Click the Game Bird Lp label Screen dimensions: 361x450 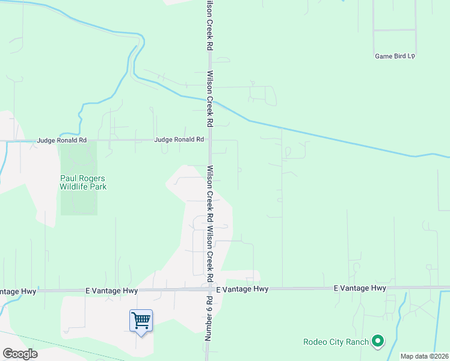click(x=395, y=56)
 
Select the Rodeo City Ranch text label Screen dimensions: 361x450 click(x=336, y=342)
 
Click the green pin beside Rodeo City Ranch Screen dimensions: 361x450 click(x=378, y=342)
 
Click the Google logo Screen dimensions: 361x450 click(x=20, y=354)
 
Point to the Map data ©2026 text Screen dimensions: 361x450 click(x=424, y=356)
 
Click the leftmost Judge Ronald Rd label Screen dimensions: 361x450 click(x=61, y=140)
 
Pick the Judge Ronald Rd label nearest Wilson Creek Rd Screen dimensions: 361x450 click(x=179, y=140)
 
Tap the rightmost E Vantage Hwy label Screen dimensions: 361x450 click(x=360, y=289)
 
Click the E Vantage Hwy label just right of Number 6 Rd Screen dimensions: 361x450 click(x=242, y=289)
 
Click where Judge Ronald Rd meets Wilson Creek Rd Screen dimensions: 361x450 click(x=209, y=140)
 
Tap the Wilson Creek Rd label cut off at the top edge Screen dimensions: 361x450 click(x=209, y=24)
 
